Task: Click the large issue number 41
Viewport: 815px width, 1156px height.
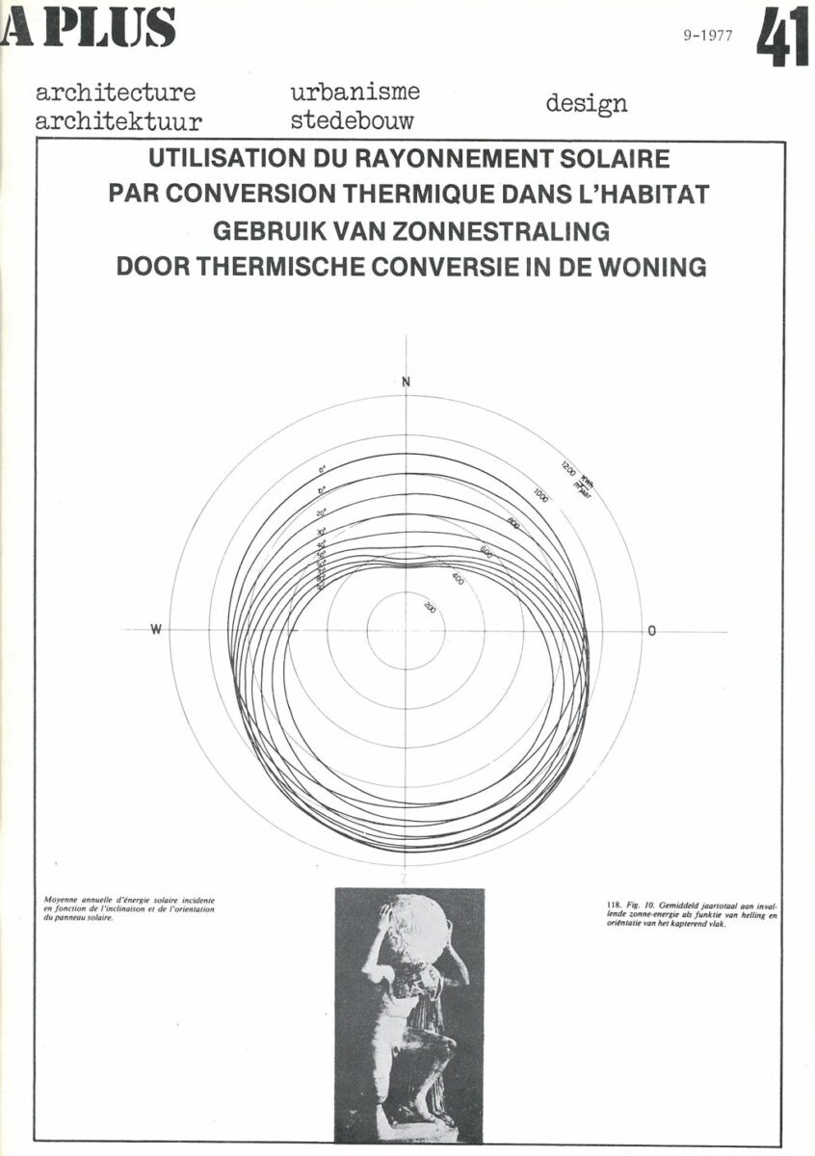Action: pyautogui.click(x=781, y=36)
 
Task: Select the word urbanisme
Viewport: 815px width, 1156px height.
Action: pyautogui.click(x=355, y=92)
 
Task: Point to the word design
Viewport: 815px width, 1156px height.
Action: pyautogui.click(x=586, y=103)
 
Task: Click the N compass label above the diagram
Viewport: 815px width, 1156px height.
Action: pyautogui.click(x=406, y=382)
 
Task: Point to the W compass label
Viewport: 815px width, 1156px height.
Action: pyautogui.click(x=155, y=630)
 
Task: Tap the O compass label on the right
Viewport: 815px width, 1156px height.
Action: pyautogui.click(x=652, y=631)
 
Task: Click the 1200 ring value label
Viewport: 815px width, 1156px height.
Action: pyautogui.click(x=566, y=471)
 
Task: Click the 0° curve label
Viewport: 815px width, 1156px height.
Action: pyautogui.click(x=324, y=470)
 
